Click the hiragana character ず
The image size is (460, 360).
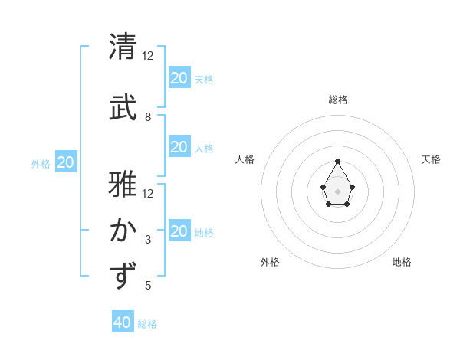click(x=123, y=276)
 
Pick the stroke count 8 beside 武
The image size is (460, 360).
click(x=148, y=117)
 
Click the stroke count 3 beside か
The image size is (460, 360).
click(x=148, y=240)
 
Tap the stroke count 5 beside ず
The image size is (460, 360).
click(x=148, y=286)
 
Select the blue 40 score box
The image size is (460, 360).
click(x=123, y=322)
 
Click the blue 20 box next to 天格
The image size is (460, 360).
click(x=179, y=78)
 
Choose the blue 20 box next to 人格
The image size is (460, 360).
click(x=179, y=147)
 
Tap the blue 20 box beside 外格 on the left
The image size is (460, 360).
click(x=65, y=162)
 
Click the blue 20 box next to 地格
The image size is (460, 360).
click(x=179, y=231)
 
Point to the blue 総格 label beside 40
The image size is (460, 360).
click(x=147, y=324)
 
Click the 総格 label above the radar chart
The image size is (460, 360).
click(x=338, y=100)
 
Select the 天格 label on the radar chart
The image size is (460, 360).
click(x=431, y=159)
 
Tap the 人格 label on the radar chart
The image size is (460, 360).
click(x=245, y=159)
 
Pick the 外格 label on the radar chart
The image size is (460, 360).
click(x=270, y=262)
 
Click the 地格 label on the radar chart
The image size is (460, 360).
click(x=402, y=262)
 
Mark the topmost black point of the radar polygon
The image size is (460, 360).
click(x=338, y=161)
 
